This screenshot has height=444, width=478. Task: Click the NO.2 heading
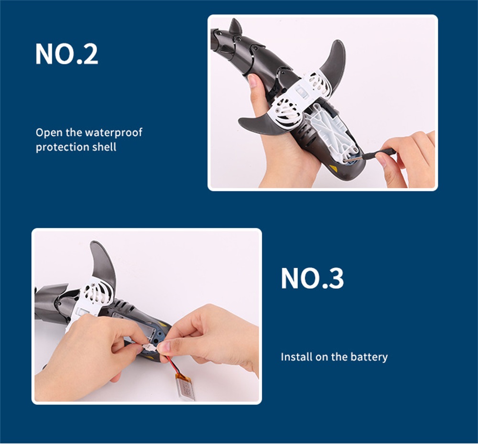click(x=66, y=54)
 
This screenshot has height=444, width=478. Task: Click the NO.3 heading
click(x=312, y=278)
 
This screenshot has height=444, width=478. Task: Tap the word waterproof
click(x=113, y=133)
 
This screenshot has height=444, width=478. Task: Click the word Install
click(x=296, y=357)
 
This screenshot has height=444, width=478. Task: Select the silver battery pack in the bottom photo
click(x=185, y=387)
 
